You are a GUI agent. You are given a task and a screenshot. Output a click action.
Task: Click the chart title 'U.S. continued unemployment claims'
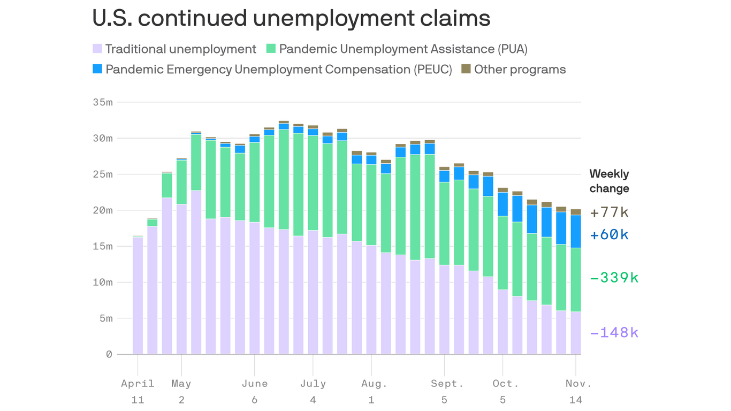click(x=291, y=19)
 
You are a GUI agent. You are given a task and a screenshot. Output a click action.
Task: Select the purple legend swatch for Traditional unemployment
click(x=97, y=49)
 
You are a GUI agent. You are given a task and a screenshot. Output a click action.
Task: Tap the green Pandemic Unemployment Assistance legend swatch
click(x=271, y=49)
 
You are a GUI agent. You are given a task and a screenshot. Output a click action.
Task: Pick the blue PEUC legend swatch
click(x=97, y=69)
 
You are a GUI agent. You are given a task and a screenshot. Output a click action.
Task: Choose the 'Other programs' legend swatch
click(x=466, y=69)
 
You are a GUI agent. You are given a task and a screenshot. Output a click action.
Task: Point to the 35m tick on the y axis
click(x=102, y=102)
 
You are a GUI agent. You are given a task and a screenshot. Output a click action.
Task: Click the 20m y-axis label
click(x=102, y=210)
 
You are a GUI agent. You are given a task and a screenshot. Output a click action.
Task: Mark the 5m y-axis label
click(x=105, y=318)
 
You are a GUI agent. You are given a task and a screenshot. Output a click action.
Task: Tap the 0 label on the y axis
click(x=109, y=354)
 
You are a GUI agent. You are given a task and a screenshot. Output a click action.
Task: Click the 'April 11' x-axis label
click(x=138, y=391)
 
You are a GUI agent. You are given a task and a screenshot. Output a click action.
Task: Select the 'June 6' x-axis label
click(x=254, y=391)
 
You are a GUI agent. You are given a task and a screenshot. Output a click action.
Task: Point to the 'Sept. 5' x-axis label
click(x=444, y=391)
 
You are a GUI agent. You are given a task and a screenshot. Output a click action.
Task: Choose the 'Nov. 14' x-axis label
click(x=576, y=391)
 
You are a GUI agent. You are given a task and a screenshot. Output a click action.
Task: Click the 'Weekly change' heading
click(x=609, y=181)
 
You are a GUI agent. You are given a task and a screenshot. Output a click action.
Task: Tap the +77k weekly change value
click(x=609, y=212)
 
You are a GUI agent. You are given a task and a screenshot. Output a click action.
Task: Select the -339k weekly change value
click(x=614, y=278)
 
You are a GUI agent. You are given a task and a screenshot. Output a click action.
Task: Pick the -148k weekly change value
click(x=614, y=333)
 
